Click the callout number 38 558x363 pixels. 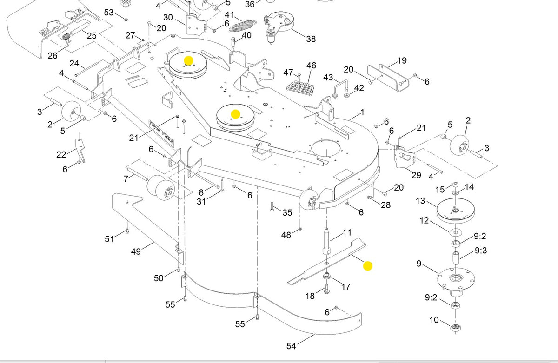pos(311,39)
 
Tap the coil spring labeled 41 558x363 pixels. pos(242,26)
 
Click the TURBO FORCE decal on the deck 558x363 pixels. pos(161,133)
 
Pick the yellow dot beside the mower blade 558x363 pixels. pos(368,266)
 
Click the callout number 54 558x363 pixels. pos(291,346)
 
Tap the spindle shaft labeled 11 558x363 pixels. pos(326,241)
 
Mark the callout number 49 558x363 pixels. pos(136,251)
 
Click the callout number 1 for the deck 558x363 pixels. pos(362,112)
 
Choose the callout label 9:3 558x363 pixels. pos(481,250)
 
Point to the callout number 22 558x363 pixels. pos(61,155)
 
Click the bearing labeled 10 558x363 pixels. pos(456,327)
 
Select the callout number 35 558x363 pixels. pos(287,212)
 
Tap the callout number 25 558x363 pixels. pos(92,36)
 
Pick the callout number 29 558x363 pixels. pos(416,175)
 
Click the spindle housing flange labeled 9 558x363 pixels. pos(456,280)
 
